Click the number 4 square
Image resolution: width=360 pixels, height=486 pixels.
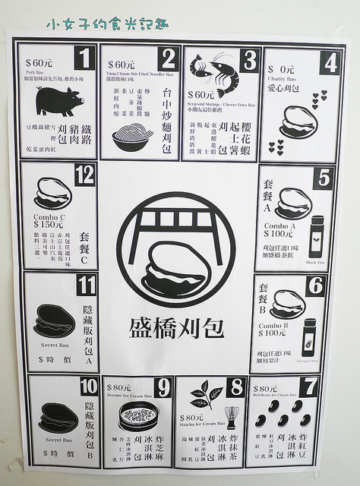(329, 62)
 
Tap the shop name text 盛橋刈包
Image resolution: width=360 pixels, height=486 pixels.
(177, 327)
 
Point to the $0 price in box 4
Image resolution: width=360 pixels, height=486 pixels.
(282, 69)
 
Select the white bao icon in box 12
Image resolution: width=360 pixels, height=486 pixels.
(49, 197)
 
